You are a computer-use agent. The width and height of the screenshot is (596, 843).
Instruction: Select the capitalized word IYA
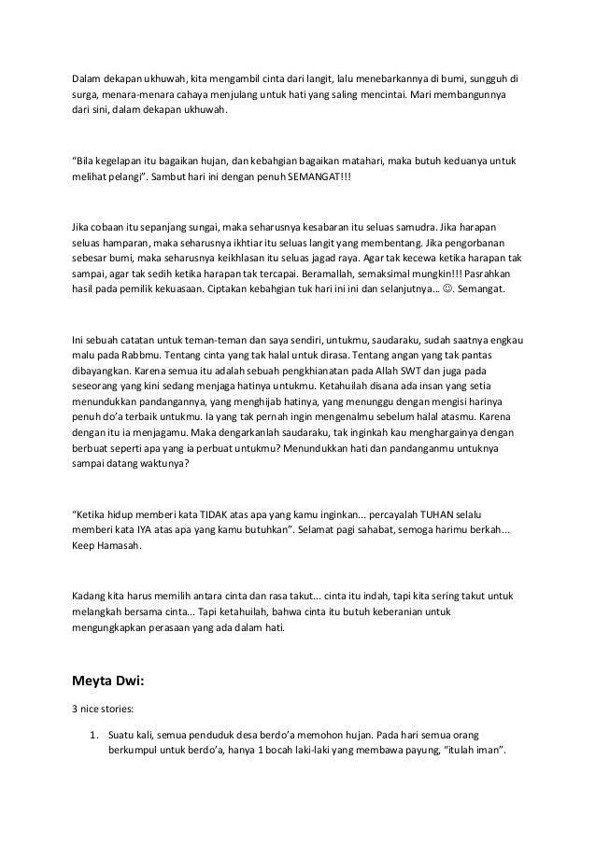coord(140,530)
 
